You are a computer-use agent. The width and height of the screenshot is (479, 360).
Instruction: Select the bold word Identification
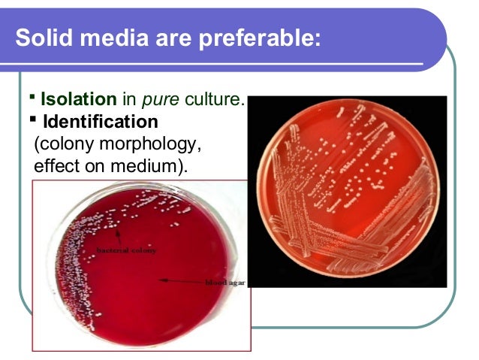101,120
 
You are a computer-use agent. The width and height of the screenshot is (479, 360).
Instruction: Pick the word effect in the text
56,164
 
